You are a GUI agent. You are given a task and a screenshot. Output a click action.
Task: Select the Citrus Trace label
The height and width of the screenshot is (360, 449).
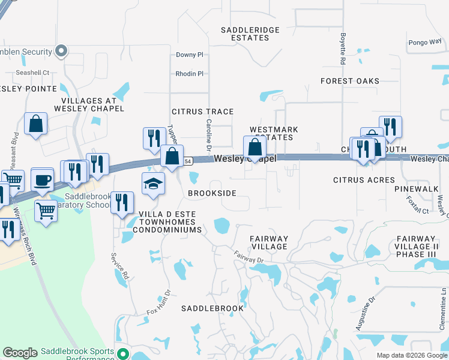pyautogui.click(x=202, y=112)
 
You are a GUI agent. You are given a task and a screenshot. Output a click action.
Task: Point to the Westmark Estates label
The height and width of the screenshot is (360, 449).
pyautogui.click(x=271, y=133)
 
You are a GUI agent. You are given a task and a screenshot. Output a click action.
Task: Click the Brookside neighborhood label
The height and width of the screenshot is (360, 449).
pyautogui.click(x=212, y=193)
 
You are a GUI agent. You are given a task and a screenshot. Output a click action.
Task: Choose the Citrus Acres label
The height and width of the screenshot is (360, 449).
pyautogui.click(x=364, y=180)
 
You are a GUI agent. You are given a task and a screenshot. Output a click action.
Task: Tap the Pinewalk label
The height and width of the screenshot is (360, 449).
pyautogui.click(x=417, y=188)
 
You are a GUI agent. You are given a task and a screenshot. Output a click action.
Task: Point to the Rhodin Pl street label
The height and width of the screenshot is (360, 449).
pyautogui.click(x=190, y=74)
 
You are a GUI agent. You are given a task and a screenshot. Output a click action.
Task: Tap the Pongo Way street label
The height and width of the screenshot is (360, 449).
pyautogui.click(x=424, y=43)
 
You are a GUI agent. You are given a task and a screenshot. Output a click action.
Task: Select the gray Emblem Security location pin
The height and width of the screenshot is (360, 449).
pyautogui.click(x=61, y=52)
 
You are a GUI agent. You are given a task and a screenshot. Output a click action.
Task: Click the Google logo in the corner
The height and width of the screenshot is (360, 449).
pyautogui.click(x=20, y=353)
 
